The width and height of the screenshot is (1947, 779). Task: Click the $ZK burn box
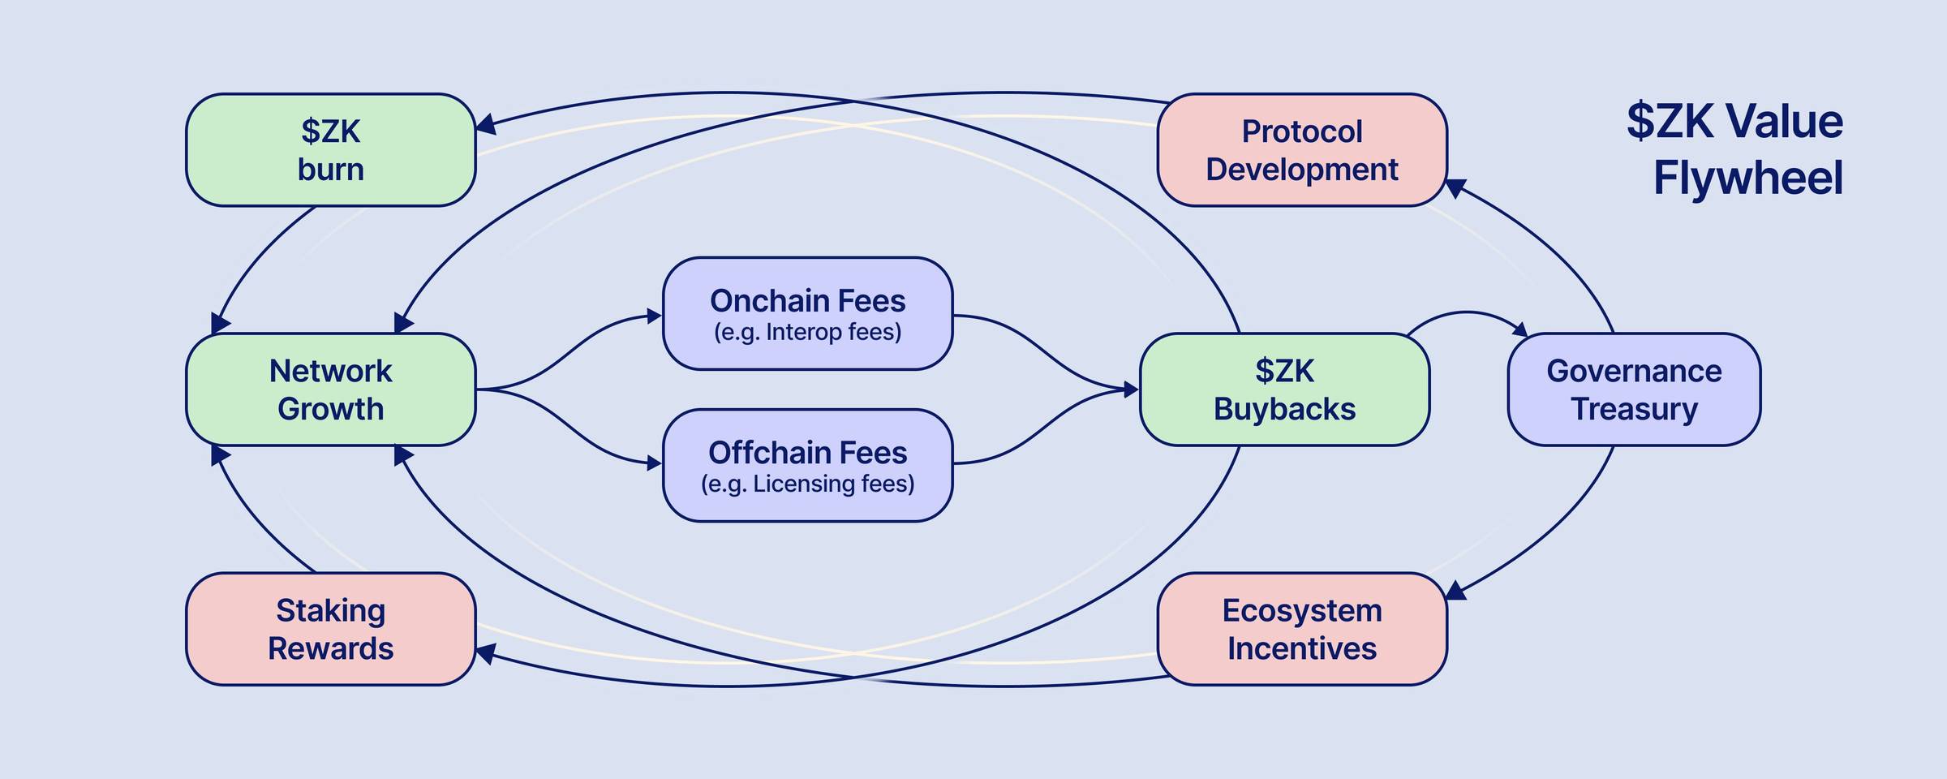pos(330,150)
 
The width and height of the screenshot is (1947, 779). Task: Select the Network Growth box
pos(330,389)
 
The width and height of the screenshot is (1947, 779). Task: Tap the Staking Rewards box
pos(330,629)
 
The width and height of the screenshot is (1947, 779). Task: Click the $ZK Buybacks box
pos(1284,389)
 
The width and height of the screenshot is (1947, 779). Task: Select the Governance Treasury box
pos(1634,389)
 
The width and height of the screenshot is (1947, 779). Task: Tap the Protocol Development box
pos(1301,150)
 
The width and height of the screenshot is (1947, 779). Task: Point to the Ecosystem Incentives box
pos(1301,629)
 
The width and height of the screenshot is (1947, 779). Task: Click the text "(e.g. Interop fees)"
pos(807,332)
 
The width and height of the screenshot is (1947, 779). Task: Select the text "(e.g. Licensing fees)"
pos(807,484)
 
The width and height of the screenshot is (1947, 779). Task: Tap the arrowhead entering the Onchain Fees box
pos(654,316)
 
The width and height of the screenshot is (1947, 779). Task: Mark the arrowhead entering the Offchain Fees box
pos(654,464)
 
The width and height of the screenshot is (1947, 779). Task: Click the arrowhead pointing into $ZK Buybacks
pos(1131,389)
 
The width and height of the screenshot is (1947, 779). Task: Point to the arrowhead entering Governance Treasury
pos(1520,329)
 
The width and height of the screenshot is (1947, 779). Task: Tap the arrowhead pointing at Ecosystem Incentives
pos(1456,591)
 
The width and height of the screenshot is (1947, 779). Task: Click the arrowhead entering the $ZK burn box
pos(485,125)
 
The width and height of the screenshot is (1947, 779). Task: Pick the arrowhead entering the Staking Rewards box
pos(485,653)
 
